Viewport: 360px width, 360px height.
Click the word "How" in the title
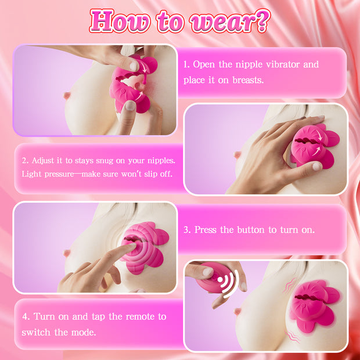pyautogui.click(x=120, y=21)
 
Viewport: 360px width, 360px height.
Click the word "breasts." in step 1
pyautogui.click(x=248, y=80)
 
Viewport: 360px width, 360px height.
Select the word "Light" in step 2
pyautogui.click(x=31, y=174)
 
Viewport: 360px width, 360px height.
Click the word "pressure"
pyautogui.click(x=59, y=175)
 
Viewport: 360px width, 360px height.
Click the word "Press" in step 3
pyautogui.click(x=206, y=230)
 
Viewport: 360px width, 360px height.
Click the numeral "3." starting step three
pyautogui.click(x=187, y=230)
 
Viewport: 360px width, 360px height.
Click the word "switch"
pyautogui.click(x=36, y=333)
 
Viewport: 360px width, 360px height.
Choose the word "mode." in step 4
pyautogui.click(x=84, y=333)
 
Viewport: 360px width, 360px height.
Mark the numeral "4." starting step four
pyautogui.click(x=26, y=317)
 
